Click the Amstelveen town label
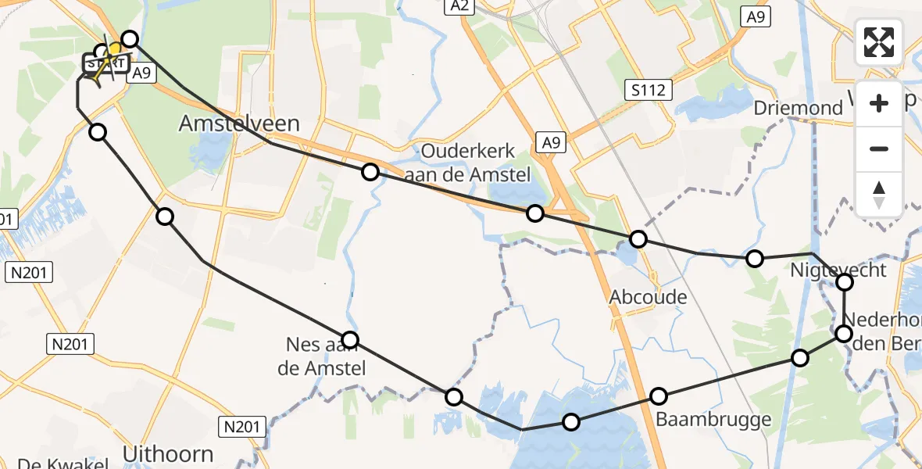click(x=239, y=123)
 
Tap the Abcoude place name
click(x=649, y=297)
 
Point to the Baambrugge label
click(x=714, y=419)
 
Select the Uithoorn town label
click(x=168, y=453)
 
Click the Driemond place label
click(x=799, y=108)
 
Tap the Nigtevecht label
click(x=838, y=270)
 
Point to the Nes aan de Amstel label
click(x=322, y=355)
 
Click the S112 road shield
click(x=649, y=90)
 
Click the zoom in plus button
click(x=879, y=103)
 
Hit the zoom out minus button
click(x=879, y=149)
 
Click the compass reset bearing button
click(x=879, y=194)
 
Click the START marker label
click(x=100, y=62)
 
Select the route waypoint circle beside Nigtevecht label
click(x=845, y=282)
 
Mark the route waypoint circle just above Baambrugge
click(x=659, y=396)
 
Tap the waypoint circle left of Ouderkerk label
click(x=370, y=172)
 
